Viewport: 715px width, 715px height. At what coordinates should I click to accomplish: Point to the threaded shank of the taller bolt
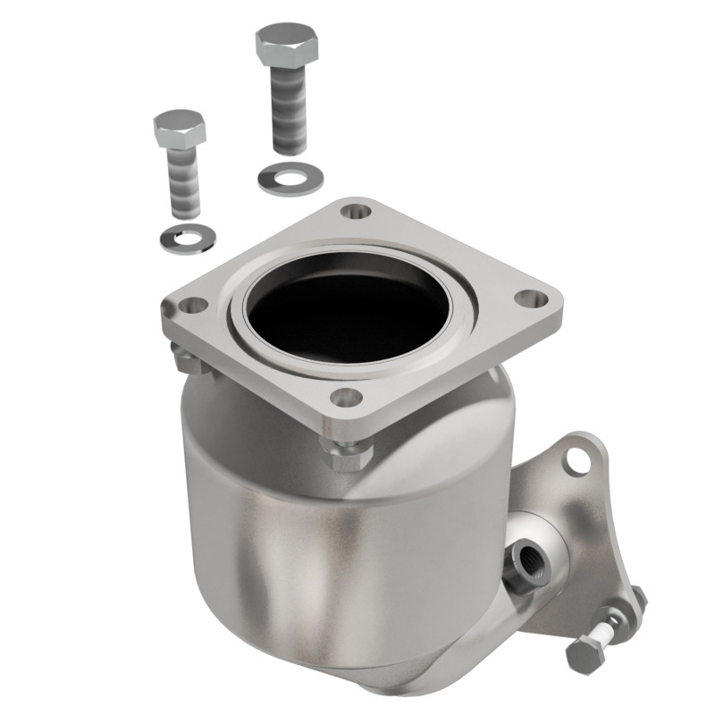pos(291,112)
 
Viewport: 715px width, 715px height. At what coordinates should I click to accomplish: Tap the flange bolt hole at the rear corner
pos(356,212)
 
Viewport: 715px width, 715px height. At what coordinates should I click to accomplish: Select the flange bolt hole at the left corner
pos(187,307)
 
